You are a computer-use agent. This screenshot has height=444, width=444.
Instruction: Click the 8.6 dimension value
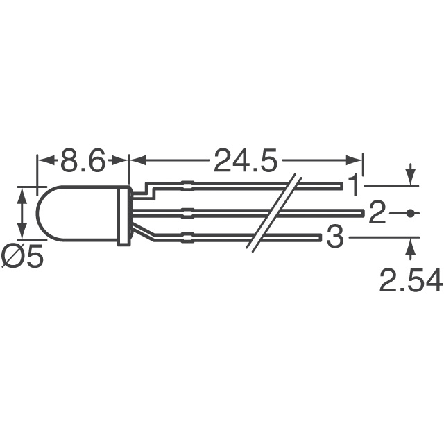pos(83,162)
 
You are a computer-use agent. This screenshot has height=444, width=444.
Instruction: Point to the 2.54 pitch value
pos(411,281)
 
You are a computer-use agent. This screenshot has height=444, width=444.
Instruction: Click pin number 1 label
pos(354,186)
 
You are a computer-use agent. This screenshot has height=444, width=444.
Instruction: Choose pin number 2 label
pos(377,214)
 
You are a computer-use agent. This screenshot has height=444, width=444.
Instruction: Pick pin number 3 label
pos(335,239)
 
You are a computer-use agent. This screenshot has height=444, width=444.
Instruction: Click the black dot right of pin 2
pos(411,214)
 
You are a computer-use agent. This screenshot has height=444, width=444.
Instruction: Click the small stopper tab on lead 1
pos(186,185)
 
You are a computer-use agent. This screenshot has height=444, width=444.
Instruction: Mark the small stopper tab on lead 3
pos(186,239)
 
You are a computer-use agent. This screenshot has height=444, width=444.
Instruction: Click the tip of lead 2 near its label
pos(359,212)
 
